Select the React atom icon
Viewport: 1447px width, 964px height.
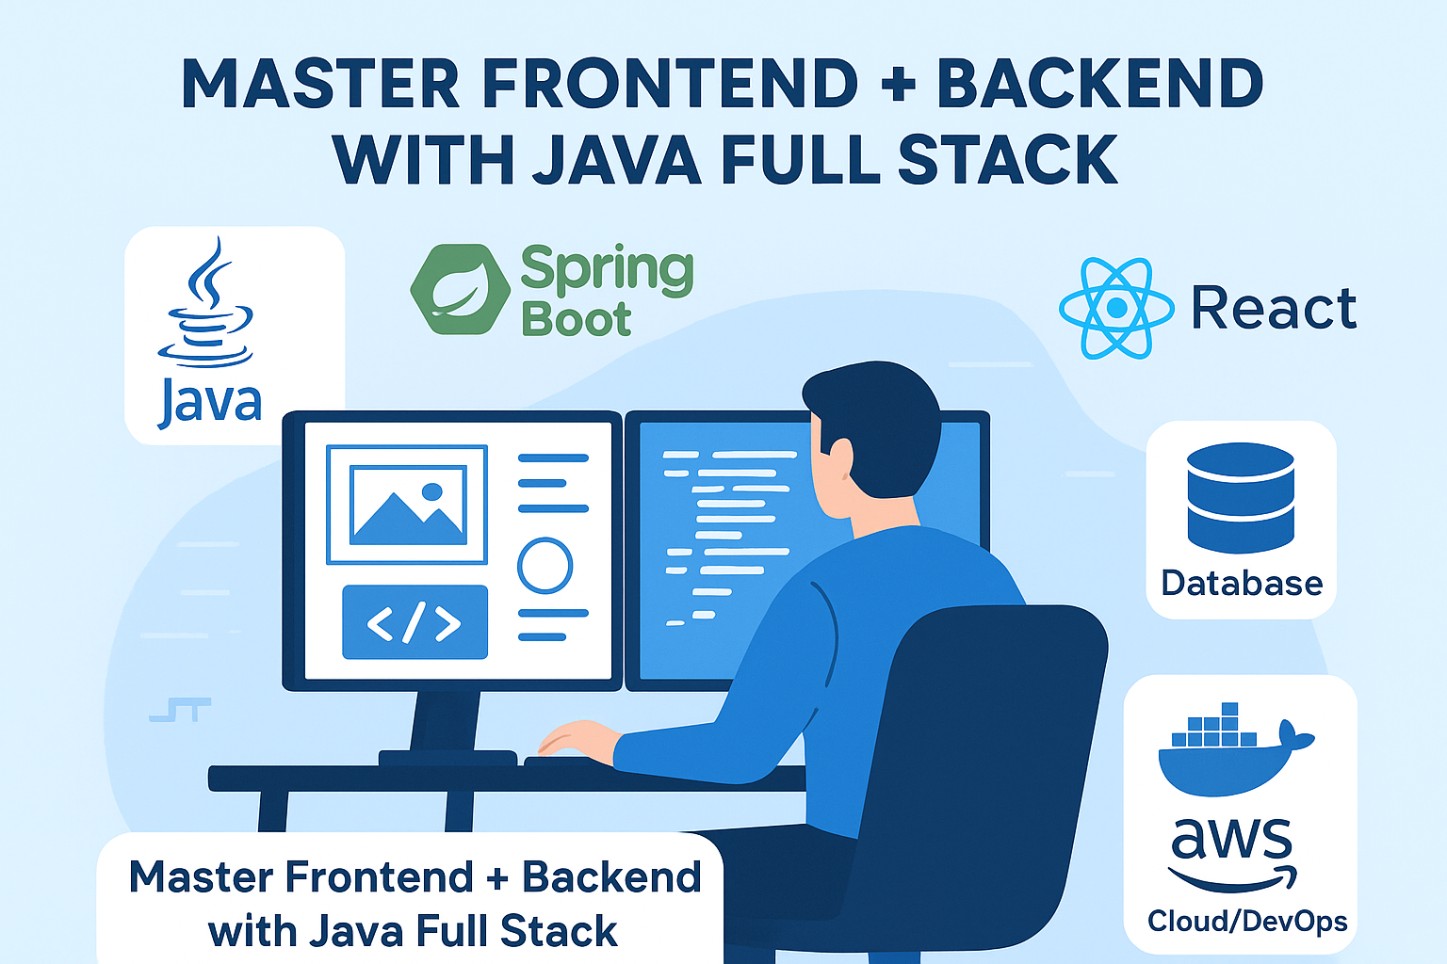click(x=1116, y=308)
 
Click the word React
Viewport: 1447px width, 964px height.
click(x=1274, y=309)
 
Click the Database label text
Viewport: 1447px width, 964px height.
click(x=1242, y=584)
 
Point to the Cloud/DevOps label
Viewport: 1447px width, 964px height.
click(x=1247, y=921)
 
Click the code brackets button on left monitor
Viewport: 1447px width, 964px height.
click(x=415, y=622)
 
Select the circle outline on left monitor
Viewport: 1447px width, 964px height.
click(x=545, y=566)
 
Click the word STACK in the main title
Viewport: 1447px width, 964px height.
click(x=1007, y=160)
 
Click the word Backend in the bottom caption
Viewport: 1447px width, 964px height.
click(x=612, y=877)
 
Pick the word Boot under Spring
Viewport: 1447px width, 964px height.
click(x=576, y=320)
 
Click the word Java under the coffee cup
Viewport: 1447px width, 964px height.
click(x=209, y=403)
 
